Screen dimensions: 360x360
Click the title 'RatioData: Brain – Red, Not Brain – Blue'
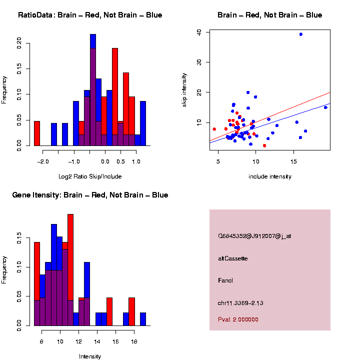tap(90, 15)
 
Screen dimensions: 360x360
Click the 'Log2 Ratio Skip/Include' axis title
tap(90, 176)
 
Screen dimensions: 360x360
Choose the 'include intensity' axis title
tap(269, 176)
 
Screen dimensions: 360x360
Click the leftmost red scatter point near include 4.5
tap(214, 129)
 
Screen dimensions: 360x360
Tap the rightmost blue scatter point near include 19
tap(325, 107)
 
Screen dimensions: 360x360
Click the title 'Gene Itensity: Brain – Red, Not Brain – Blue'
tap(90, 195)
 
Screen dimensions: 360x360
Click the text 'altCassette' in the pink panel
tap(233, 258)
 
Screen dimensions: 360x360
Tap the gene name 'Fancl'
tap(226, 280)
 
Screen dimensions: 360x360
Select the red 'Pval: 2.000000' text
tap(238, 319)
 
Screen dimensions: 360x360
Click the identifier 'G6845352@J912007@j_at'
tap(254, 236)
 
